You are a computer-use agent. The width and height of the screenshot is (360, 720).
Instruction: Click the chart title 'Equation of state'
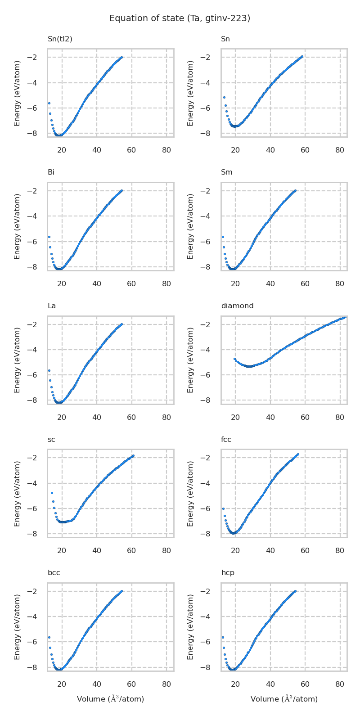click(x=180, y=18)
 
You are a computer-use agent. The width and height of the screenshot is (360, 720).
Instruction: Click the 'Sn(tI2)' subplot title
click(x=60, y=39)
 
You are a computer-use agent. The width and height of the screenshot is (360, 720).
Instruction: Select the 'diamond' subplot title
click(x=237, y=306)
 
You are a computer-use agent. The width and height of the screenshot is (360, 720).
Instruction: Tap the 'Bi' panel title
click(x=51, y=172)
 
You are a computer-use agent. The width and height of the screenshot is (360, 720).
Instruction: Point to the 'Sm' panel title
click(x=226, y=172)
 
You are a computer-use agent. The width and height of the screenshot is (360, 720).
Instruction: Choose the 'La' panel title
click(x=52, y=306)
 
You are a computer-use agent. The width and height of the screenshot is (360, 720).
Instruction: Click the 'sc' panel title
click(x=51, y=440)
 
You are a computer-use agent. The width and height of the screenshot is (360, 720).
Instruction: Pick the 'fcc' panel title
click(x=226, y=440)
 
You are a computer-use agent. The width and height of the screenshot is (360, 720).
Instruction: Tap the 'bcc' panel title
click(x=54, y=573)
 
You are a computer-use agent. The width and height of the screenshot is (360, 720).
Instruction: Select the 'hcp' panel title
click(x=227, y=573)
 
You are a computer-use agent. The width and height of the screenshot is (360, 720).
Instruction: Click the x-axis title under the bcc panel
click(x=110, y=699)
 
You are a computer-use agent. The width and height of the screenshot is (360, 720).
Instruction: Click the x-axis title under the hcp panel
click(x=284, y=699)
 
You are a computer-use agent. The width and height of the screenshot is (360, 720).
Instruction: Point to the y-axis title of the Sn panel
click(x=191, y=93)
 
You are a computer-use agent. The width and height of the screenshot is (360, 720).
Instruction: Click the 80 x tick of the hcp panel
click(x=340, y=684)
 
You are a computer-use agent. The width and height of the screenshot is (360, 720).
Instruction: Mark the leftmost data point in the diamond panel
click(x=235, y=359)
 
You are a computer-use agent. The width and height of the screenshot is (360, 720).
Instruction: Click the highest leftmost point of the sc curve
click(x=52, y=493)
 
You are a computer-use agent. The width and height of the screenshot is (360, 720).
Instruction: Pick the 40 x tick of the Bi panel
click(x=97, y=284)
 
